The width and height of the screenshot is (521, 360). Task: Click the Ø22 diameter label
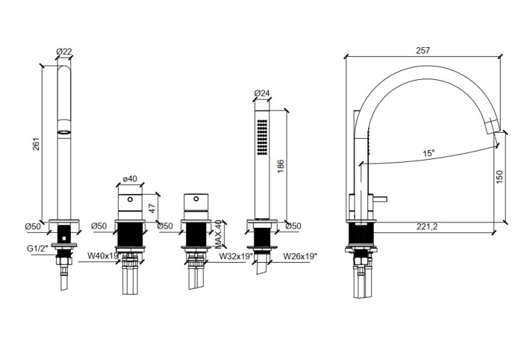(x=64, y=51)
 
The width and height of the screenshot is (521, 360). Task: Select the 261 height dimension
(x=36, y=144)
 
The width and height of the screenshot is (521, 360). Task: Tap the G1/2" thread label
(x=38, y=249)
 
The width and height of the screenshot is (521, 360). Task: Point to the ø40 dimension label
(x=130, y=179)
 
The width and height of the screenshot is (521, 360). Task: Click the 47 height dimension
(x=152, y=208)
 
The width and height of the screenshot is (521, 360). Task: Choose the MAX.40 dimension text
(x=218, y=234)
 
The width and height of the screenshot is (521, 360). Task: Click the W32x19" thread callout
(x=236, y=256)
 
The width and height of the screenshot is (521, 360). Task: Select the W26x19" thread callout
(x=300, y=256)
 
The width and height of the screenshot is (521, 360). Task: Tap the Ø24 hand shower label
(x=262, y=93)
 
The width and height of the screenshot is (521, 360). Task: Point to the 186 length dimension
(x=281, y=166)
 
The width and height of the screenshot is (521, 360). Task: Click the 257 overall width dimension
(x=422, y=51)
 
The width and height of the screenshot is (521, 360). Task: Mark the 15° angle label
(x=429, y=153)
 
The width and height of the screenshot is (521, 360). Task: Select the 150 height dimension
(x=499, y=177)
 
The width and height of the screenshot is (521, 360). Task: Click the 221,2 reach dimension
(x=427, y=227)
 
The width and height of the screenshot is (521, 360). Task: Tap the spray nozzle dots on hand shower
(x=262, y=137)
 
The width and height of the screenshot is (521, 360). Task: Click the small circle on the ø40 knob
(x=131, y=199)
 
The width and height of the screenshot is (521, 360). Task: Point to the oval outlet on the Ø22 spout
(x=64, y=132)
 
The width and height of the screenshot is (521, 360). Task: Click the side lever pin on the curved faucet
(x=379, y=199)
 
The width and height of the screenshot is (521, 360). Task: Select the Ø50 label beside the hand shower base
(x=293, y=226)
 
